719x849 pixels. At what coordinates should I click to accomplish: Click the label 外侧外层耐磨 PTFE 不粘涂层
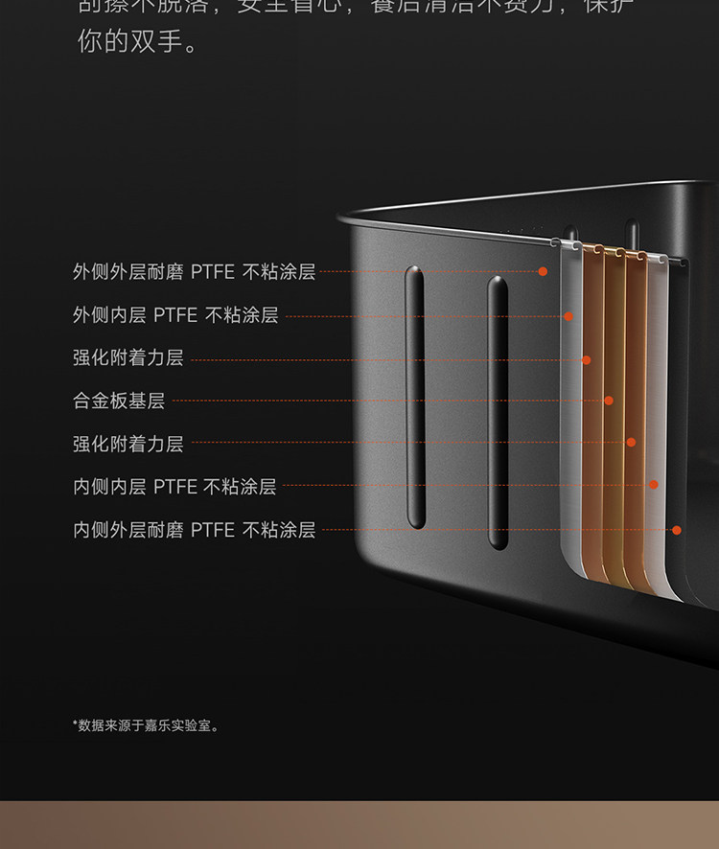click(194, 272)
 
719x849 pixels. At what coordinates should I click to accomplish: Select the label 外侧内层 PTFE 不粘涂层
click(175, 315)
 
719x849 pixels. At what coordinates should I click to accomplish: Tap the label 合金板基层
click(119, 401)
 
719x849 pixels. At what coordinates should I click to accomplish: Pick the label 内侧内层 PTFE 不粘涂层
click(174, 487)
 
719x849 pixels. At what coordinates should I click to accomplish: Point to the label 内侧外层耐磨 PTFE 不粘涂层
click(194, 530)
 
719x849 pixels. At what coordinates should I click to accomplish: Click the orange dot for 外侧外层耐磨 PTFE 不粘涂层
click(543, 272)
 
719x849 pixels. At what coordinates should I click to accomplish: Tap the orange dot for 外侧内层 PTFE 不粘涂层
click(568, 315)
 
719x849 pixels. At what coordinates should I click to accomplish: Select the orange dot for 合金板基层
click(609, 401)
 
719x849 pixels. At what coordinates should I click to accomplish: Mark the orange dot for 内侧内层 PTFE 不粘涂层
click(654, 485)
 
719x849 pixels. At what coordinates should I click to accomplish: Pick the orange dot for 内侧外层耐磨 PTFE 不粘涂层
click(677, 529)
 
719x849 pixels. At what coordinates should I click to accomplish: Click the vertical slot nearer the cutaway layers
click(498, 412)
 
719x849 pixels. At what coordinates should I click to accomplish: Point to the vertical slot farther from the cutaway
click(415, 397)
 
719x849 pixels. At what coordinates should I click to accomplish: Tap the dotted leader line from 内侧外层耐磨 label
click(494, 529)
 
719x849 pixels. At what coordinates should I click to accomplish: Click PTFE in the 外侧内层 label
click(175, 315)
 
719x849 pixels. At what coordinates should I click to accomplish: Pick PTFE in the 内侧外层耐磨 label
click(212, 530)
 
